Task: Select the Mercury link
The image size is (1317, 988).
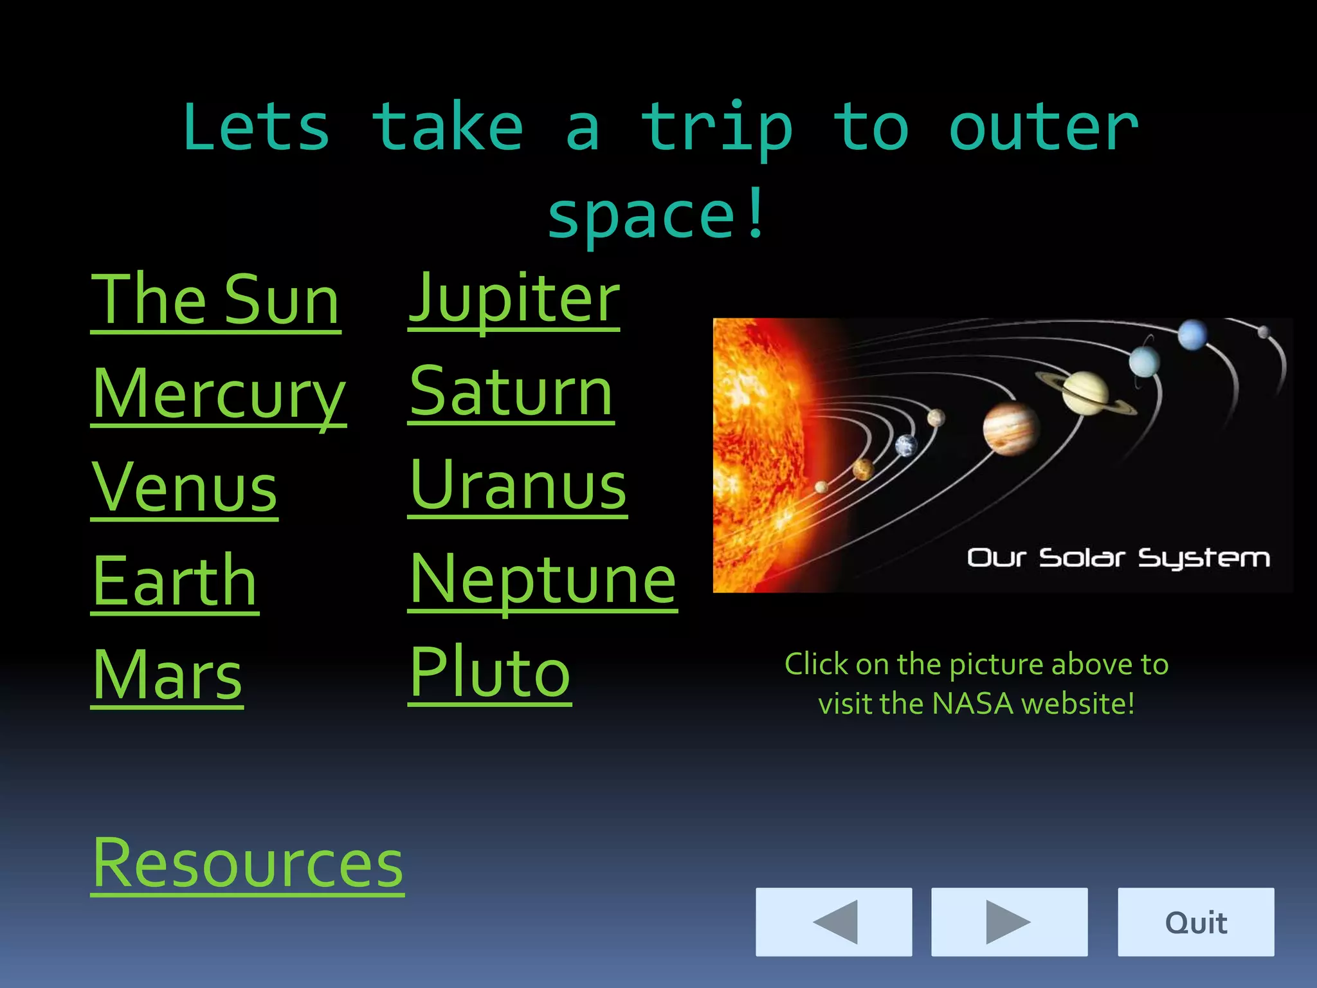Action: tap(219, 394)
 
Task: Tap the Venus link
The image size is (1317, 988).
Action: tap(185, 488)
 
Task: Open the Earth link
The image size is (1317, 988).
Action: tap(175, 581)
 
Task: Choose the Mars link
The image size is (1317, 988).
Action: tap(167, 675)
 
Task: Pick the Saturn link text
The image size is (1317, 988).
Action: tap(511, 392)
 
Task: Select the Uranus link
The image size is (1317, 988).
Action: tap(518, 486)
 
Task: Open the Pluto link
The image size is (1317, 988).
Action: tap(490, 673)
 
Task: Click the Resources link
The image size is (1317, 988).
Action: tap(248, 863)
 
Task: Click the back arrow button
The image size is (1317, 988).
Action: tap(833, 922)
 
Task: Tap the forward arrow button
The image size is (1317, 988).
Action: tap(1009, 922)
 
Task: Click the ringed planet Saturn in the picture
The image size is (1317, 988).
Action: tap(1085, 392)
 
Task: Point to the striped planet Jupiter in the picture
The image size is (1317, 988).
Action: tap(1010, 428)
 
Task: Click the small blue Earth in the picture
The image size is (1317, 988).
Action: tap(906, 445)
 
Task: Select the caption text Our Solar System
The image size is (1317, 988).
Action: tap(1118, 558)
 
